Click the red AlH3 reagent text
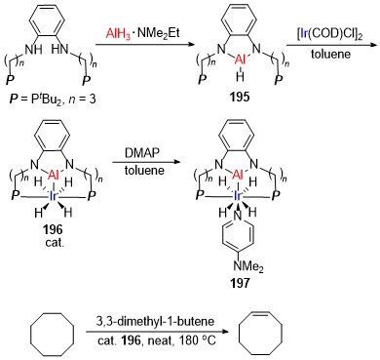click(x=119, y=33)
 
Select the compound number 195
click(x=240, y=98)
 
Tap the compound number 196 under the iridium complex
click(x=53, y=229)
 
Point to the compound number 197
click(x=240, y=283)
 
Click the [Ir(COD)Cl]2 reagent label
click(x=330, y=35)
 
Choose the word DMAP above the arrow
click(x=144, y=154)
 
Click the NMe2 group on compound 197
click(x=248, y=266)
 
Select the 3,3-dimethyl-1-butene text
click(x=156, y=321)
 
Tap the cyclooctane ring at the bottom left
click(x=52, y=335)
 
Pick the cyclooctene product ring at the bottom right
click(x=260, y=335)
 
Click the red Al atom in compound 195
click(x=240, y=60)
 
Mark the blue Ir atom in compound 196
click(x=53, y=196)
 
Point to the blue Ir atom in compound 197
click(x=238, y=196)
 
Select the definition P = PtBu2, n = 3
click(x=53, y=99)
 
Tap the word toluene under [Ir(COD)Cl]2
click(x=330, y=54)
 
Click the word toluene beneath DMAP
click(x=144, y=170)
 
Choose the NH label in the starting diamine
click(x=33, y=49)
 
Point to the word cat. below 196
click(x=54, y=243)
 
